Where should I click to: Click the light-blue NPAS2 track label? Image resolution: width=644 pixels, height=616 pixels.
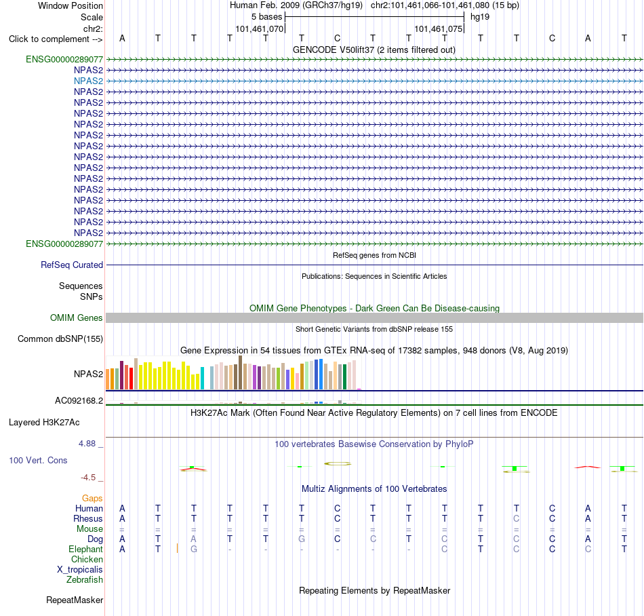88,81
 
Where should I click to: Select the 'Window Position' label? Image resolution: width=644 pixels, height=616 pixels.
71,5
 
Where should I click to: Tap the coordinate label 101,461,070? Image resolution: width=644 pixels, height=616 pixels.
259,28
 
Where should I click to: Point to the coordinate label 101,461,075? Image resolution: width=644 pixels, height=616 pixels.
438,28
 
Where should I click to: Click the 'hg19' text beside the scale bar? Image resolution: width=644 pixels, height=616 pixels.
480,17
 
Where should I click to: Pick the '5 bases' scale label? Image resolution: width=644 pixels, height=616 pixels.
267,17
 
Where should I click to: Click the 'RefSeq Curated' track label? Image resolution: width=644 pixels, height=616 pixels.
72,265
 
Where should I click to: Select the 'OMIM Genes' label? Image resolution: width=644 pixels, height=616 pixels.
77,317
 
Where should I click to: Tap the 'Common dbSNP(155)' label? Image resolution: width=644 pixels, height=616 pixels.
60,339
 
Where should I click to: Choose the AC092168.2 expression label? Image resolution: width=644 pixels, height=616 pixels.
79,401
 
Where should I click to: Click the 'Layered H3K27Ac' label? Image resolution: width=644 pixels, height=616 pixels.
44,423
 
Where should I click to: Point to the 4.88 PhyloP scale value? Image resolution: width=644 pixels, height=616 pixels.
87,444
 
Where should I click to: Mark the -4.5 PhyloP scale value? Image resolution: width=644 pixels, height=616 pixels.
88,478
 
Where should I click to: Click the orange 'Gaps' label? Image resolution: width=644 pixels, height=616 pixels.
92,499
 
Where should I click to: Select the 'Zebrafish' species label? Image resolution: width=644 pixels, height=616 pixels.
85,580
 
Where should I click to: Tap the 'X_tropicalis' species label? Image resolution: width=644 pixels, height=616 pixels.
80,570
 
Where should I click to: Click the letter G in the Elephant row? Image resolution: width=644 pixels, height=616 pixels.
194,549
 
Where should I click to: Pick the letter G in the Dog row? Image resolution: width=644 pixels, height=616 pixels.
302,539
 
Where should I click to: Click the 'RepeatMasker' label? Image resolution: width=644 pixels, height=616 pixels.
75,600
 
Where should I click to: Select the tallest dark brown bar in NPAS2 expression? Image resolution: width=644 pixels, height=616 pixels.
240,372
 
